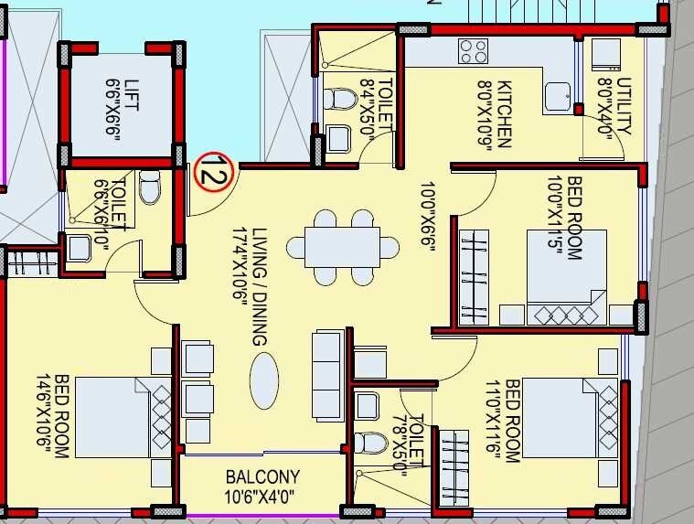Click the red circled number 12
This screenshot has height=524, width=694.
(215, 171)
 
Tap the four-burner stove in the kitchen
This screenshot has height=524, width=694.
(473, 50)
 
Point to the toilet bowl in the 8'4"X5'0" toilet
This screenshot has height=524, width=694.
(342, 99)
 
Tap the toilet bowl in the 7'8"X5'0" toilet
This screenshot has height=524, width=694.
(370, 443)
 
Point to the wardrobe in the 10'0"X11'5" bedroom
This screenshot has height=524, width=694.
(474, 276)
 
